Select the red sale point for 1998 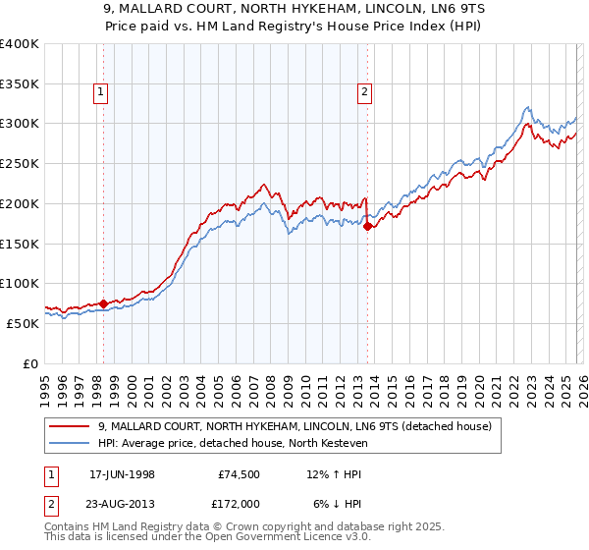click(104, 303)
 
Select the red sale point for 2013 click(368, 226)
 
